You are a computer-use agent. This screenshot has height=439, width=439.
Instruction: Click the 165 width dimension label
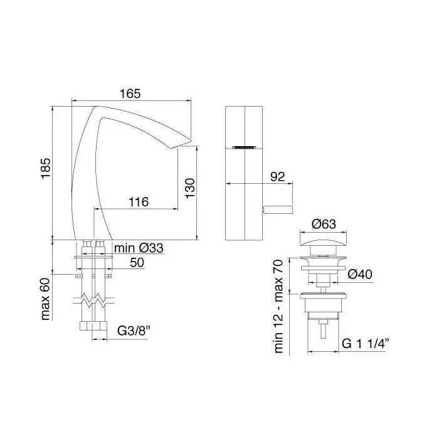pos(130,93)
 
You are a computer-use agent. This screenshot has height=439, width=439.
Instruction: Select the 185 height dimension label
pos(46,167)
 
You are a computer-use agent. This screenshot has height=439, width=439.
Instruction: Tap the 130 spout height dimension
pos(190,188)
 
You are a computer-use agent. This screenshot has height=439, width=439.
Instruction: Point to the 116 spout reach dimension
pos(139,202)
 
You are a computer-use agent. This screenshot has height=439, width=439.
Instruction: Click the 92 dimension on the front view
pos(278,177)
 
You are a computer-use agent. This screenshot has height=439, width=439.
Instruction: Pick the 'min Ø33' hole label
pos(139,248)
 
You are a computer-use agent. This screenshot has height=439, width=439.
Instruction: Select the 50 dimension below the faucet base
pos(137,263)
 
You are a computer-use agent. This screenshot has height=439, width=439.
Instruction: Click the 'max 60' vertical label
pos(45,299)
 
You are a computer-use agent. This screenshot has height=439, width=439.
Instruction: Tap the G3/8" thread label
pos(134,331)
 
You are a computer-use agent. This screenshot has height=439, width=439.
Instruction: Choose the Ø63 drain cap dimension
pos(324,224)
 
